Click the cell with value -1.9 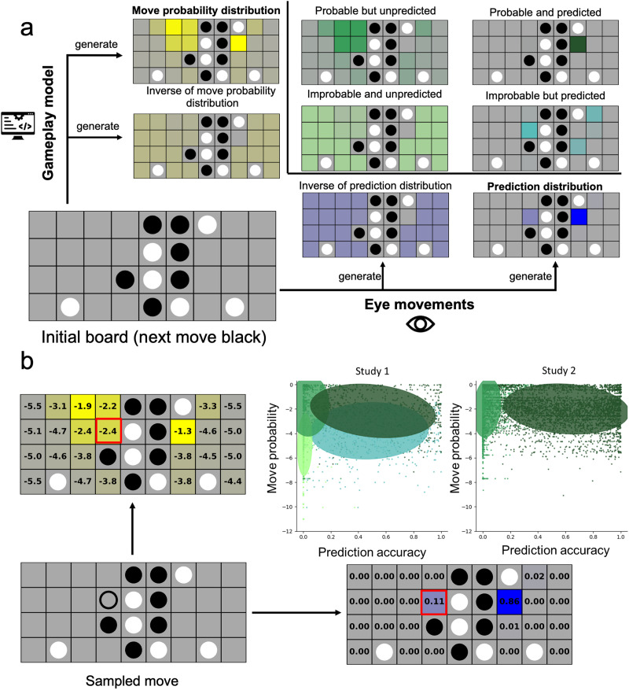click(x=83, y=405)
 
